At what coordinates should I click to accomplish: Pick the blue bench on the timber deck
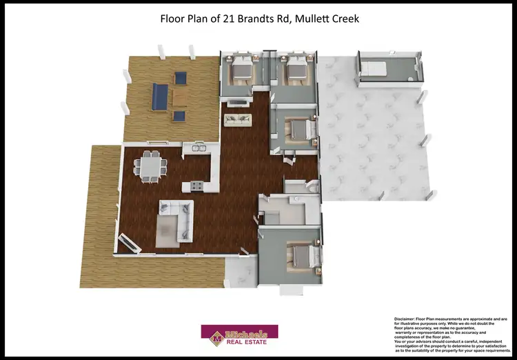159,97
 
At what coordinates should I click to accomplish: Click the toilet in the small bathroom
312,188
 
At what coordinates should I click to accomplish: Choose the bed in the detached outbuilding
376,68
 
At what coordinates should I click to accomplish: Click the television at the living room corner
129,243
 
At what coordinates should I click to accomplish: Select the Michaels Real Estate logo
239,335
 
